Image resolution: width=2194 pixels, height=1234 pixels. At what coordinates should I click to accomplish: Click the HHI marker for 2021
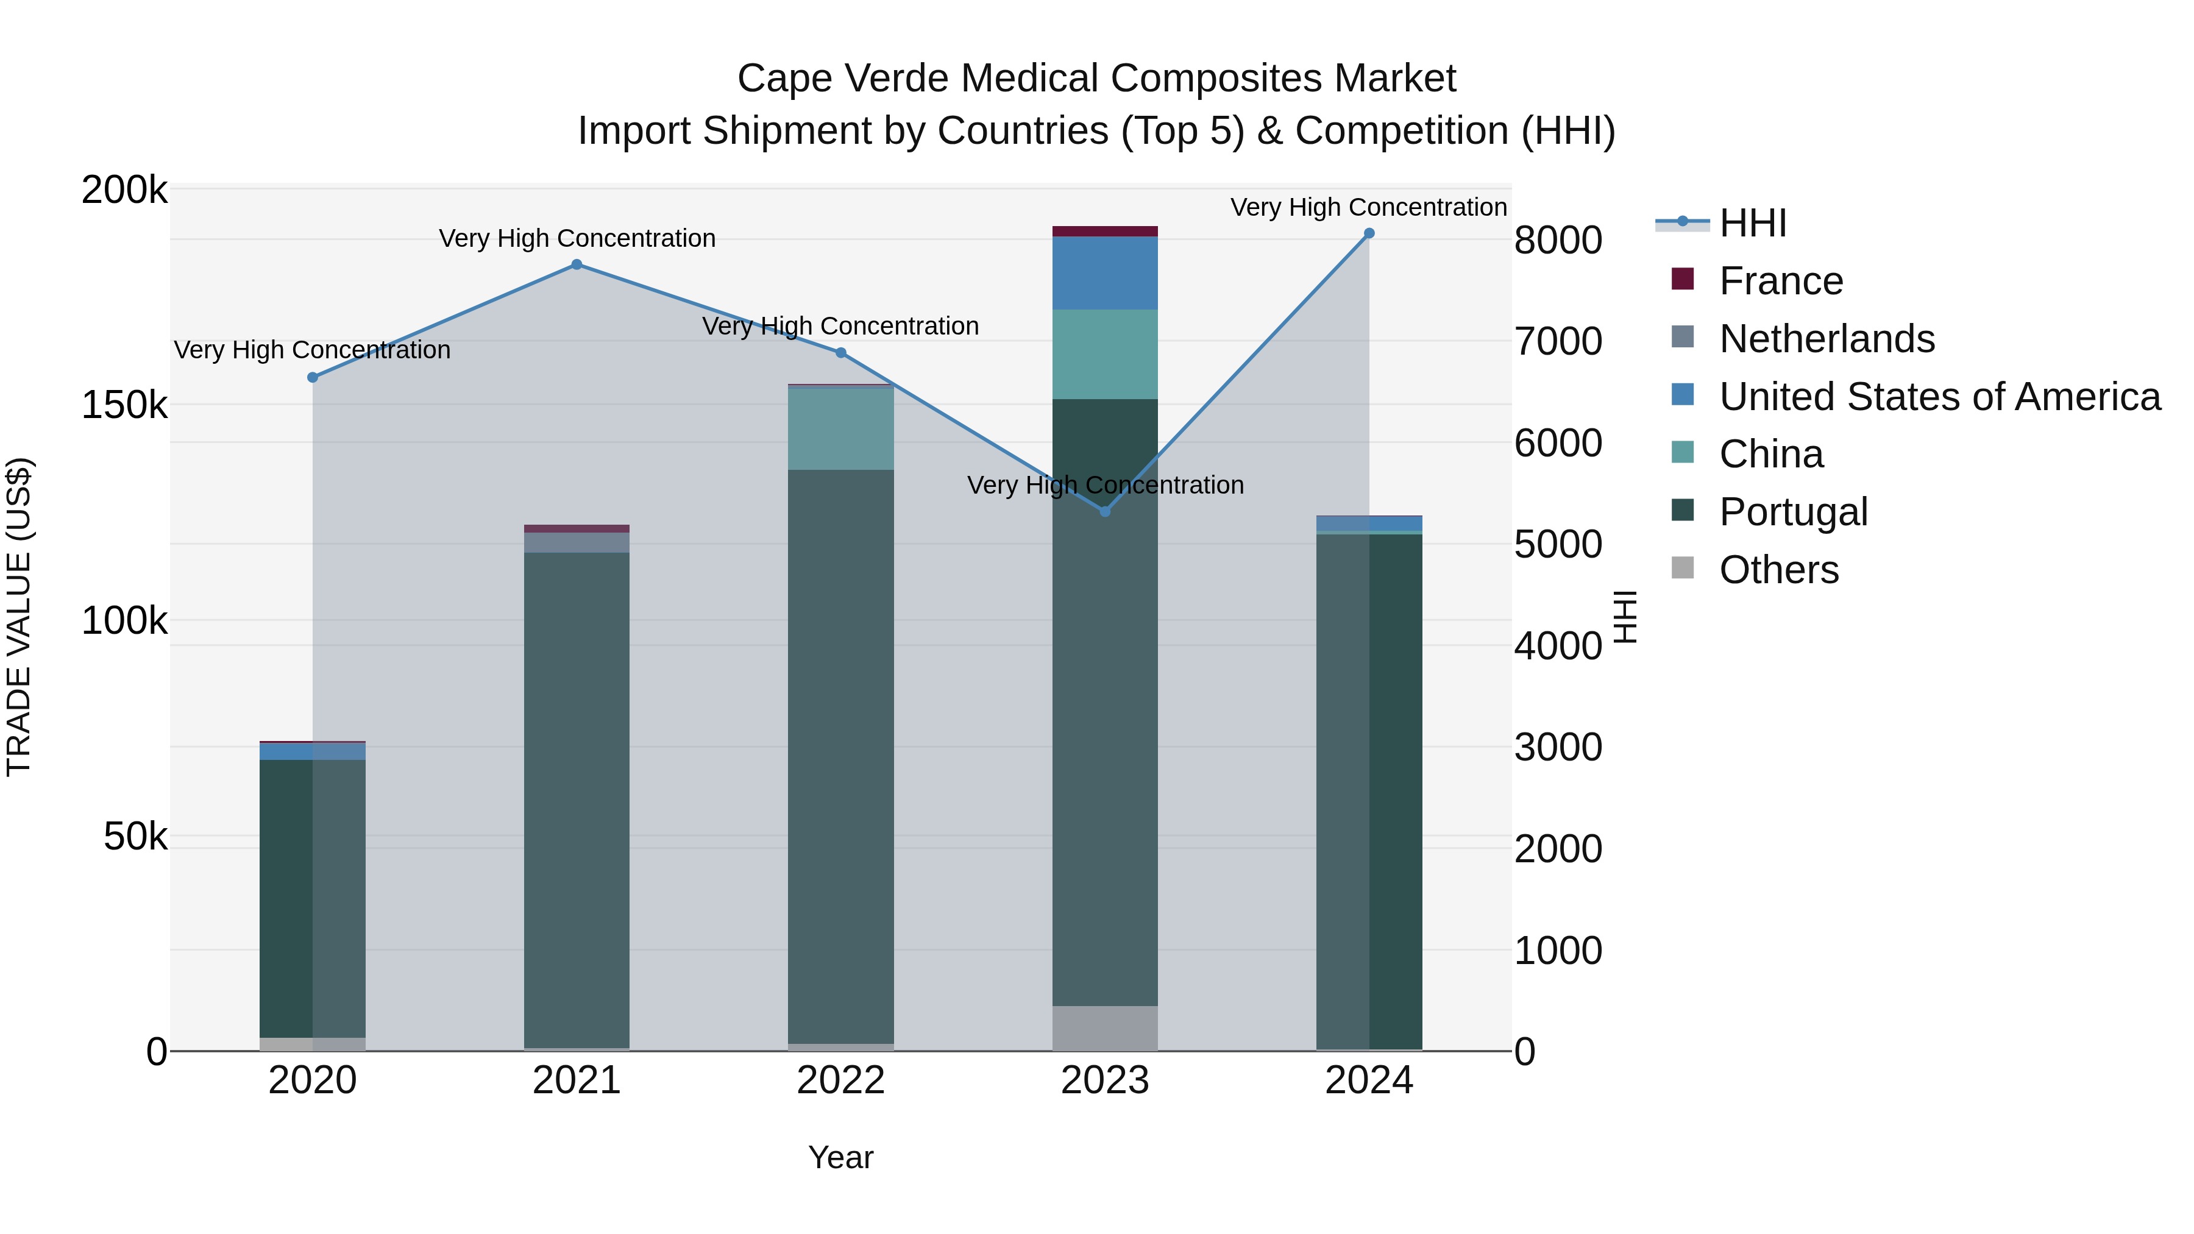(x=577, y=265)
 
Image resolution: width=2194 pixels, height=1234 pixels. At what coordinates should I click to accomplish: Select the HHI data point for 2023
(x=1105, y=512)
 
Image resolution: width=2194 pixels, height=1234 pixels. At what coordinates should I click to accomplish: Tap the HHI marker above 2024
(x=1369, y=233)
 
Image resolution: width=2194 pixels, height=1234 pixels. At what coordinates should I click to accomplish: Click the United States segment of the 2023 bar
(x=1105, y=274)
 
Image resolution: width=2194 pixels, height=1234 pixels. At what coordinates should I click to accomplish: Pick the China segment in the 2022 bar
(x=840, y=429)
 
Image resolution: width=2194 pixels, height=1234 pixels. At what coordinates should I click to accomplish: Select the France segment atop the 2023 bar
(x=1105, y=232)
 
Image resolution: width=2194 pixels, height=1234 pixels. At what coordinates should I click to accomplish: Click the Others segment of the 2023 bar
(x=1105, y=1028)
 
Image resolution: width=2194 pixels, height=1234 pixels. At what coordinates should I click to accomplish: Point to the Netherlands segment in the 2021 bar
(x=577, y=542)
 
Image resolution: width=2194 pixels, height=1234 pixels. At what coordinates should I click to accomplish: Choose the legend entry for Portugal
(x=1793, y=512)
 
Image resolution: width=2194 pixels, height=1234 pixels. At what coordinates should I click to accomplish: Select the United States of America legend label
(x=1939, y=397)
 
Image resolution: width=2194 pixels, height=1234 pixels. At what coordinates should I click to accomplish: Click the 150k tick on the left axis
(x=124, y=405)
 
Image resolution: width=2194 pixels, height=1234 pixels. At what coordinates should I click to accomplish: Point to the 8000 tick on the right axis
(x=1558, y=240)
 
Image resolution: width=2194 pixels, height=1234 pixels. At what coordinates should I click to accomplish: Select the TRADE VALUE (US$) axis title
(x=20, y=617)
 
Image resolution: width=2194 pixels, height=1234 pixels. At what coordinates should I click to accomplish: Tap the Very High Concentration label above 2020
(x=313, y=350)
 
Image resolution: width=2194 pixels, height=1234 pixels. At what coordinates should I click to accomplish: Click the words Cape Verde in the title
(x=842, y=79)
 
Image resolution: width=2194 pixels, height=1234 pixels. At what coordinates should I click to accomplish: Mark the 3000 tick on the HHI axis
(x=1558, y=748)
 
